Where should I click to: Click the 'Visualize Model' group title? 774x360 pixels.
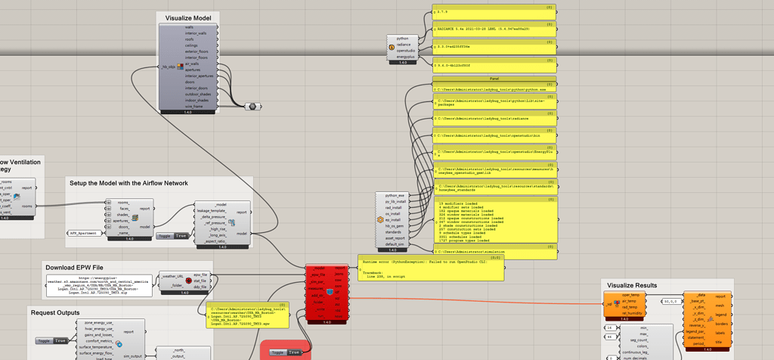tap(188, 17)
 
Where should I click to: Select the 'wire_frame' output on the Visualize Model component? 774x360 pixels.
tap(194, 107)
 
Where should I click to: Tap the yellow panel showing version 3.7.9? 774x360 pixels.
tap(494, 12)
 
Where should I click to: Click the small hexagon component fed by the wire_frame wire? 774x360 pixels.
tap(252, 107)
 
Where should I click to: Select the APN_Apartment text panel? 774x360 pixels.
tap(84, 233)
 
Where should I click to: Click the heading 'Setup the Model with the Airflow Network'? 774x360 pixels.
tap(128, 183)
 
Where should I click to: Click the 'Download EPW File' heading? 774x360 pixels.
tap(75, 267)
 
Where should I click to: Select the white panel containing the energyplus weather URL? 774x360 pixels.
tap(98, 285)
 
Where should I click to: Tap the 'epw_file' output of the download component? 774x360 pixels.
tap(200, 275)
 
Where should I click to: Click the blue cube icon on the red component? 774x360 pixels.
tap(330, 291)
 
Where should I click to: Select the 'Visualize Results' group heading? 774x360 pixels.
tap(641, 285)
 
